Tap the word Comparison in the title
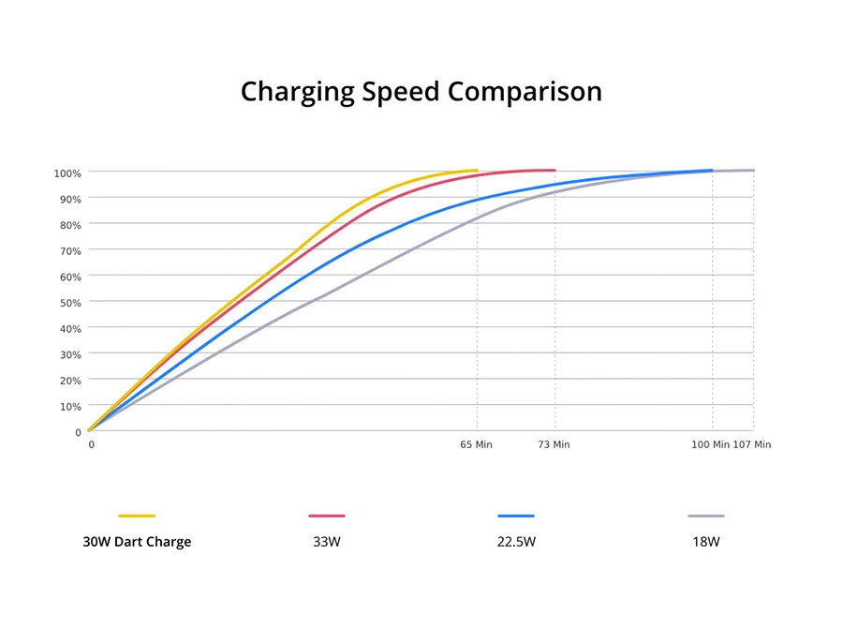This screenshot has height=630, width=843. pos(525,92)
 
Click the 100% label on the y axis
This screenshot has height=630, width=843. pos(67,173)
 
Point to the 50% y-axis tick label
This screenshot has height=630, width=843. pos(70,303)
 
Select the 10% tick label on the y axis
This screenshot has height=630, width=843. pos(70,406)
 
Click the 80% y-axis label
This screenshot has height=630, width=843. pos(70,225)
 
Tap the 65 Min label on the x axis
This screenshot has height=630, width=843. pos(476,444)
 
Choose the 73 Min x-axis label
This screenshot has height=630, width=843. pos(554,444)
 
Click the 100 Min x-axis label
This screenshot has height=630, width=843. pos(710,444)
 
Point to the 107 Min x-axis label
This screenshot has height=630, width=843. pos(752,444)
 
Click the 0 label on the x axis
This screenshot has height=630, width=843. pos(91,444)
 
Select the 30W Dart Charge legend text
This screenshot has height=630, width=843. pos(137,542)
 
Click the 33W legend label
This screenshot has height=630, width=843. pos(327,542)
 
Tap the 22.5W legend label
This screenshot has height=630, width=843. pos(516,542)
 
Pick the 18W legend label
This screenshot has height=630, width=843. pos(706,542)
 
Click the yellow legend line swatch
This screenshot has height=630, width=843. pos(137,516)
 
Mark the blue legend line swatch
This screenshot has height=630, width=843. pos(516,516)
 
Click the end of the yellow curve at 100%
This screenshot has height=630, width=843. pos(476,171)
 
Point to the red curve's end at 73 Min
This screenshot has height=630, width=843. pos(555,171)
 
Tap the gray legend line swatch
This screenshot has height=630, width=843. pos(706,516)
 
